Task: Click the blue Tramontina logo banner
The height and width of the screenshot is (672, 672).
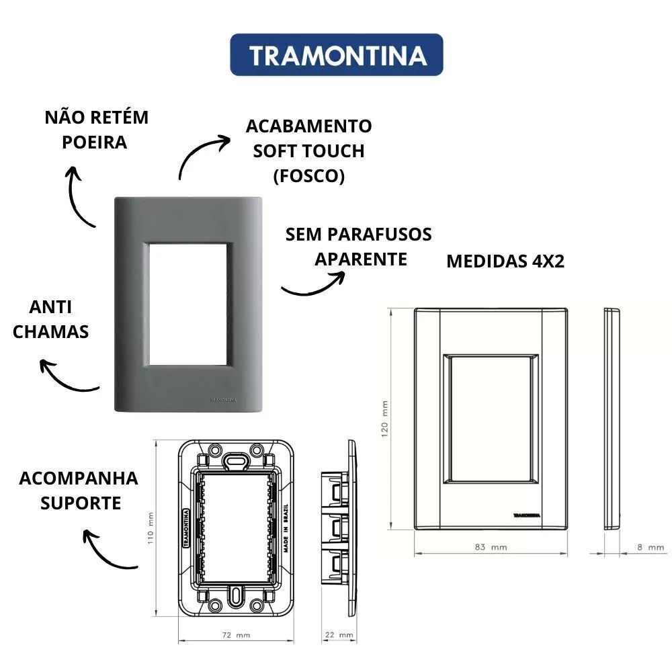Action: click(337, 55)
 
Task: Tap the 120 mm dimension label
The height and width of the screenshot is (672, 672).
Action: click(384, 419)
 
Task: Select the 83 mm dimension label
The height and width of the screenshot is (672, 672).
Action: click(491, 547)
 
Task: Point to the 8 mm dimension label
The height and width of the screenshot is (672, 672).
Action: click(650, 547)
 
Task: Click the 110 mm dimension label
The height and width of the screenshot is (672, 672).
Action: click(151, 528)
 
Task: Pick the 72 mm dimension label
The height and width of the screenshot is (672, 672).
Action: click(236, 635)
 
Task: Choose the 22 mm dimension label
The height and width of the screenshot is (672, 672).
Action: click(339, 635)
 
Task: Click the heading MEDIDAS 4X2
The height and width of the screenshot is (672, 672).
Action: click(505, 261)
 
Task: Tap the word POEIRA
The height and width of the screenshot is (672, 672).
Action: click(94, 142)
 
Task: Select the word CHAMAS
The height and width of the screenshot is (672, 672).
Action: click(50, 332)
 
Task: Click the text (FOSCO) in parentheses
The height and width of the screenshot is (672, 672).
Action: click(309, 175)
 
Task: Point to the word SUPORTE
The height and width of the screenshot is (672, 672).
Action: click(81, 503)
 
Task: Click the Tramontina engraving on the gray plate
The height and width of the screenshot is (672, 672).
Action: click(223, 400)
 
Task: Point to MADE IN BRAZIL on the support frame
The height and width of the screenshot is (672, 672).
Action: click(286, 528)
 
